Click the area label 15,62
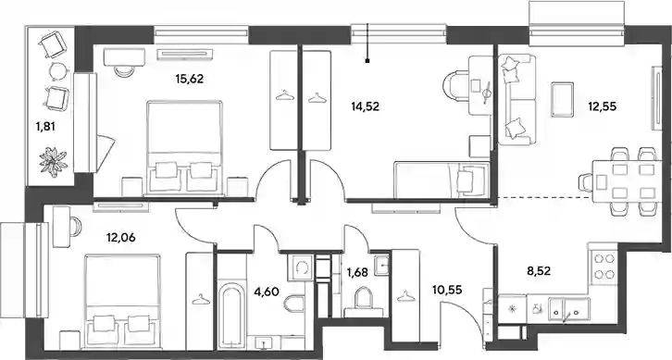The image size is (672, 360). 189,79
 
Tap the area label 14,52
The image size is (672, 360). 365,106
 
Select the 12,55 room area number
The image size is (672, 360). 603,106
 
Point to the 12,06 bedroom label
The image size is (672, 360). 121,237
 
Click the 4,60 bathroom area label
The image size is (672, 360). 267,292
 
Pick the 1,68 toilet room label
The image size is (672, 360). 356,272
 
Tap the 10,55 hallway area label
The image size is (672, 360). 447,291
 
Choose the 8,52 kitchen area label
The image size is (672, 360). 539,270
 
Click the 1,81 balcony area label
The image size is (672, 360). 46,127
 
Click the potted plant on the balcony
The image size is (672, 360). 54,162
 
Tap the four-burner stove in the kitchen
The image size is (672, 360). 604,267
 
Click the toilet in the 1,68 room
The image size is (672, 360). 364,298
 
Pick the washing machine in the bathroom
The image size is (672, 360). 298,267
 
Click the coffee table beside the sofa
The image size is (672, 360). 562,99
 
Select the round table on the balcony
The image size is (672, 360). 57,70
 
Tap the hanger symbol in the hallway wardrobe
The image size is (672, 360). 405,295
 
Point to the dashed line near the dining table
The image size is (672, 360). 543,197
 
